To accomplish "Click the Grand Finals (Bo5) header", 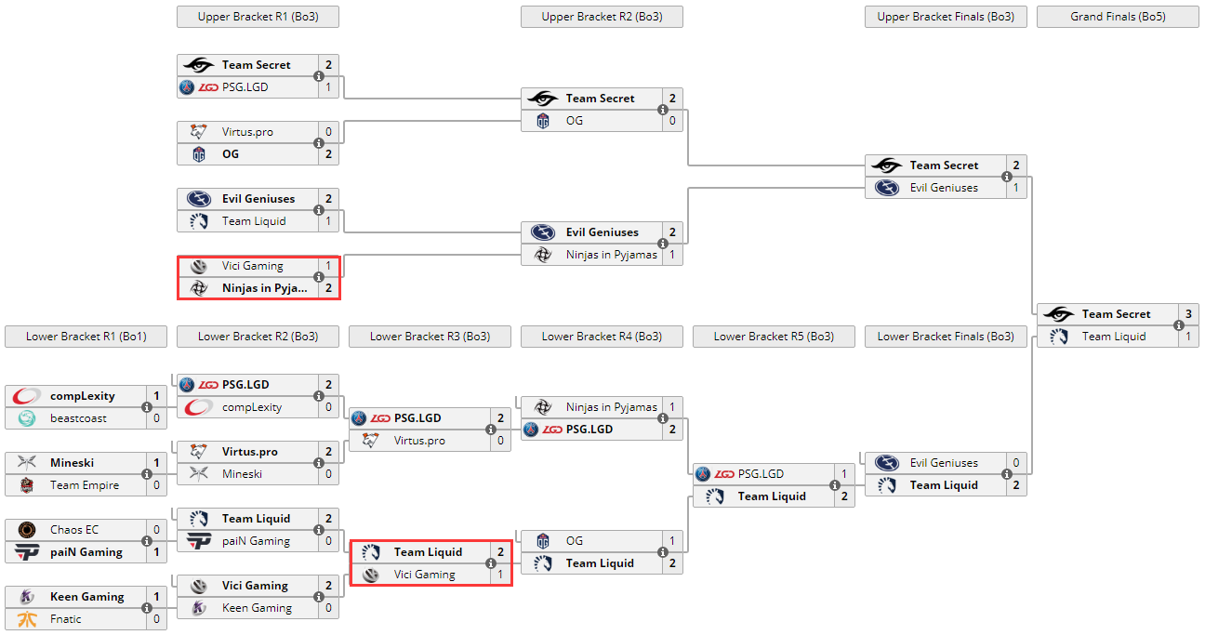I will (1118, 17).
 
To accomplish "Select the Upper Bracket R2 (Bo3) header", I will (602, 17).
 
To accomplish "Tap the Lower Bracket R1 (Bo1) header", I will (86, 337).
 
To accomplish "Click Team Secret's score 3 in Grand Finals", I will (1188, 314).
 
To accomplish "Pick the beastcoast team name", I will (78, 418).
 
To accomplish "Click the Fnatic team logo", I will (27, 619).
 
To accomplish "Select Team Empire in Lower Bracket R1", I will (85, 485).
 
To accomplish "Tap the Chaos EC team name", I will (74, 530).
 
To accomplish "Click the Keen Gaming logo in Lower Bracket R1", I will (27, 597).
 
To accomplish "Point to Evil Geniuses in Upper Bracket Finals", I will (944, 188).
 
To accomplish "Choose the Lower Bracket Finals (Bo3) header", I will (946, 337).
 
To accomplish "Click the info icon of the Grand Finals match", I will (1179, 325).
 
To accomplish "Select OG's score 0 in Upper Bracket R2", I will (672, 121).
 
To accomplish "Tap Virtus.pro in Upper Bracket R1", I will (247, 132).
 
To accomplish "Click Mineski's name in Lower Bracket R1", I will (72, 463).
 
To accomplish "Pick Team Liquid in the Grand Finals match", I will (1114, 337).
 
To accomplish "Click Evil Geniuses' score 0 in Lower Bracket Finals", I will (1016, 463).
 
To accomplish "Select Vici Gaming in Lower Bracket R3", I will (424, 575).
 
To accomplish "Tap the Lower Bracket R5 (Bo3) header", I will (774, 337).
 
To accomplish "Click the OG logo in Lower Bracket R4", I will (543, 541).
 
